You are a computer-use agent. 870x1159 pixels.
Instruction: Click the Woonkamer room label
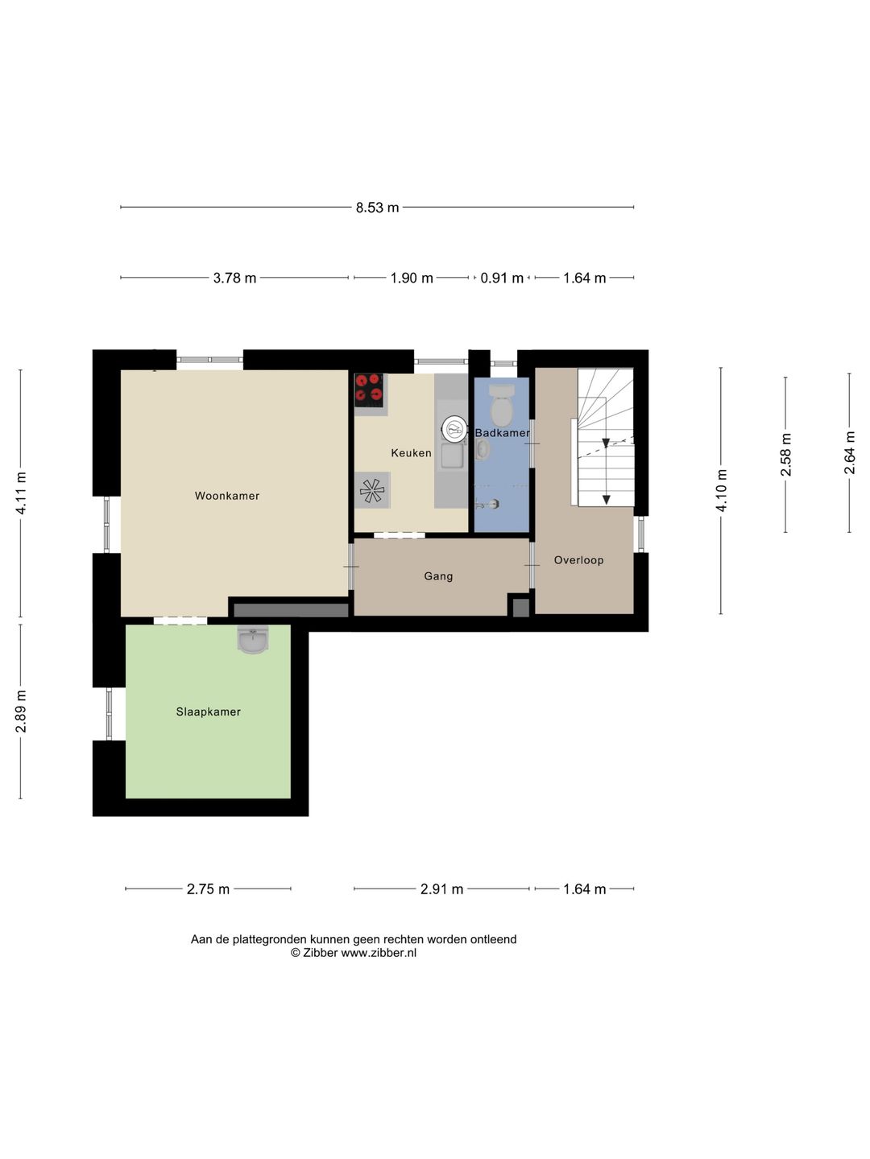226,496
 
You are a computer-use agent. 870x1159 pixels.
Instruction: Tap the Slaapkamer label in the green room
208,711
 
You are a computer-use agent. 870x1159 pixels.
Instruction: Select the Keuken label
411,452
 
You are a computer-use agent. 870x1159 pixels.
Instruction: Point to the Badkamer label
502,433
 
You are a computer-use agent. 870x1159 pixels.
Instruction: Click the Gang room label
438,576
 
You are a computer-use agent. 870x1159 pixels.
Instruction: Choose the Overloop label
578,560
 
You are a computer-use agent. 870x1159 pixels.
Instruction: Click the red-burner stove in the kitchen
369,390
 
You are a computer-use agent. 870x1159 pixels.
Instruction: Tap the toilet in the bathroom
501,406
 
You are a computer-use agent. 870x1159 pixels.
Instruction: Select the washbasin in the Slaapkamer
253,639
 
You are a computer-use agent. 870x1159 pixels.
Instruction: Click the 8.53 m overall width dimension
377,208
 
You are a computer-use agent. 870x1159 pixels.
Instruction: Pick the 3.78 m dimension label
234,278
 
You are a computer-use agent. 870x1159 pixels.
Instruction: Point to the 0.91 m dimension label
502,278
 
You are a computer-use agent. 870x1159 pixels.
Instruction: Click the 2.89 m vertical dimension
21,711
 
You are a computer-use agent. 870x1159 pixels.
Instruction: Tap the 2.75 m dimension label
208,889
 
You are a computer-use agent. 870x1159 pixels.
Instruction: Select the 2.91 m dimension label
441,889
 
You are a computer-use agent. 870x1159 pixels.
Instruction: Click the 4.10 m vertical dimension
721,490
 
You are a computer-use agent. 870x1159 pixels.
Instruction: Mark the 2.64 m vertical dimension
849,452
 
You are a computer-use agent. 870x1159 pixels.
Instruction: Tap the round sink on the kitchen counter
454,429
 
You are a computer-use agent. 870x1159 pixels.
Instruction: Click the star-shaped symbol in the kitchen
372,490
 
